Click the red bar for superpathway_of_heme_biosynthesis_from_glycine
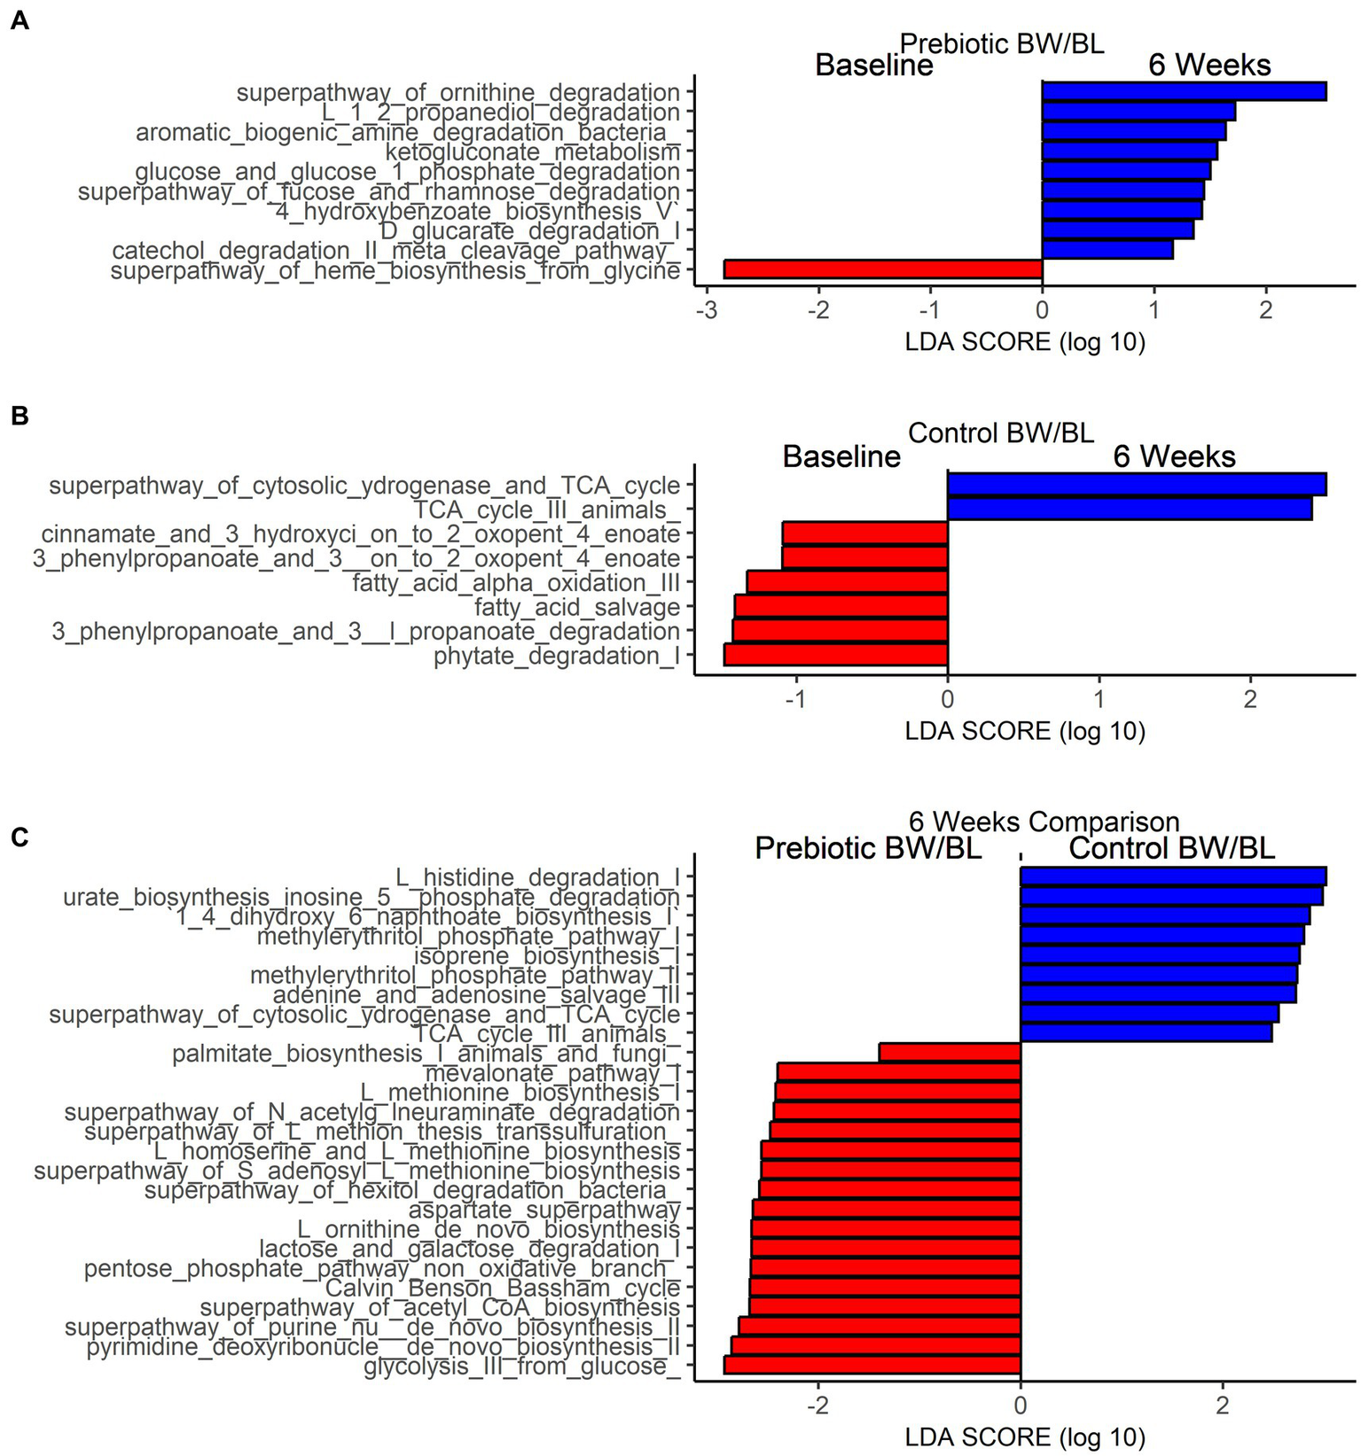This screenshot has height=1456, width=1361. pyautogui.click(x=883, y=269)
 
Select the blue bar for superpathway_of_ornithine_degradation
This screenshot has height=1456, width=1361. pyautogui.click(x=1184, y=91)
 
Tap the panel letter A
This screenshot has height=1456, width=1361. pyautogui.click(x=19, y=20)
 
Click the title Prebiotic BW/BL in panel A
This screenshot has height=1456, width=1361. pyautogui.click(x=1002, y=43)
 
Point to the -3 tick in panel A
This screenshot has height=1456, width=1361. pyautogui.click(x=707, y=311)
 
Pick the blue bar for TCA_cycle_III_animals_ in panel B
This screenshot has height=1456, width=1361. pyautogui.click(x=1130, y=510)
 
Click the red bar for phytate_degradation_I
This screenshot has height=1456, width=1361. pyautogui.click(x=836, y=655)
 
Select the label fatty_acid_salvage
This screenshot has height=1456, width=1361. pyautogui.click(x=577, y=608)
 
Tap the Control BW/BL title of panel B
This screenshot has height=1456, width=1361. pyautogui.click(x=1001, y=432)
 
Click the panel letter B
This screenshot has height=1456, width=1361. pyautogui.click(x=19, y=416)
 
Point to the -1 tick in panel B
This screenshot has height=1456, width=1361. pyautogui.click(x=796, y=699)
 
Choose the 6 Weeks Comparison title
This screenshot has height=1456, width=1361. pyautogui.click(x=1044, y=821)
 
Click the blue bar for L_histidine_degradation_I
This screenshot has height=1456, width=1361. pyautogui.click(x=1173, y=876)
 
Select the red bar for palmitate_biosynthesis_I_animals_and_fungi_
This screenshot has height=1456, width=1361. pyautogui.click(x=950, y=1053)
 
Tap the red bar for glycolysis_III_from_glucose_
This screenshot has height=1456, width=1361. pyautogui.click(x=872, y=1365)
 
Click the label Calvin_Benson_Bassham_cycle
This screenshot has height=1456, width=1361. pyautogui.click(x=503, y=1288)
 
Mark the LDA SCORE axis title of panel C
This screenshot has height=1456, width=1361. pyautogui.click(x=1025, y=1437)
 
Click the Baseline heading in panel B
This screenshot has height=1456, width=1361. pyautogui.click(x=841, y=456)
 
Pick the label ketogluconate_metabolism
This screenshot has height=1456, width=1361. pyautogui.click(x=532, y=152)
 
